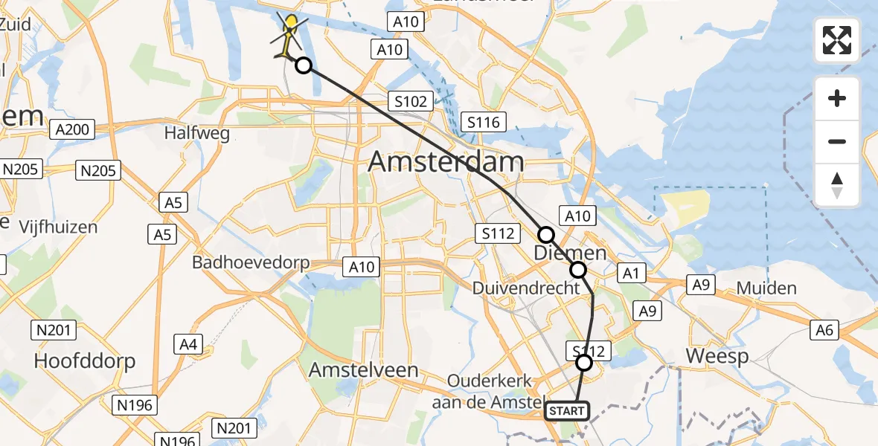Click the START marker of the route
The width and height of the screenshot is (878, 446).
[x=567, y=411]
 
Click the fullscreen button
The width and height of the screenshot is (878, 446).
[x=837, y=40]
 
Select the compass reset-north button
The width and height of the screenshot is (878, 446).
[x=837, y=185]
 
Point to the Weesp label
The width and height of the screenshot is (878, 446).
[x=717, y=356]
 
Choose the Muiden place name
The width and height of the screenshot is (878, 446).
[x=766, y=288]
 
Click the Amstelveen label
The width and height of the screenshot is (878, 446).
[x=363, y=369]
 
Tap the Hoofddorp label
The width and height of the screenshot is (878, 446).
[x=85, y=361]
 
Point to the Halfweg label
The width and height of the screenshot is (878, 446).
[x=196, y=134]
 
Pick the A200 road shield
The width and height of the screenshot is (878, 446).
[x=73, y=130]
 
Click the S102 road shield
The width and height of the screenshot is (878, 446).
[x=410, y=102]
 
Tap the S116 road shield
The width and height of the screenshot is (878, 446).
[x=484, y=121]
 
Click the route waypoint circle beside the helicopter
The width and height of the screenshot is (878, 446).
[x=304, y=65]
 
